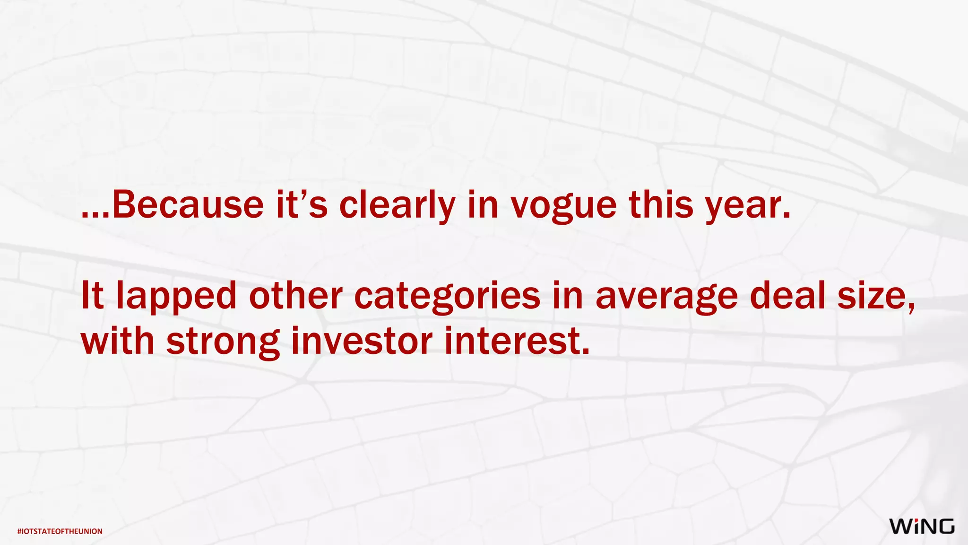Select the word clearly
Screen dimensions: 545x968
(x=397, y=206)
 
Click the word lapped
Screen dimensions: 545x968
(x=176, y=297)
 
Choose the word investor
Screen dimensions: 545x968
(x=362, y=342)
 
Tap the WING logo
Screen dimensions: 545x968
(x=922, y=527)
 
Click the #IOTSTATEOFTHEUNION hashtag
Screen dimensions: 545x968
(x=60, y=531)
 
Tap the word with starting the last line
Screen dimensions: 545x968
(x=118, y=342)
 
